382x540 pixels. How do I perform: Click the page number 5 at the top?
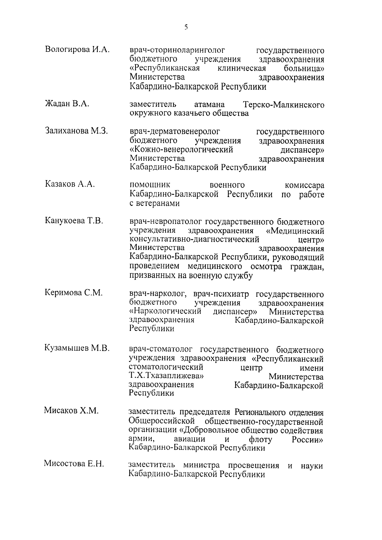coord(186,27)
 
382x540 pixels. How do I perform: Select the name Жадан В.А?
coord(67,104)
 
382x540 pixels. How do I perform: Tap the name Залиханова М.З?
coord(76,131)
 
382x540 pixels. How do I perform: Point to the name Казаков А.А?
coord(70,185)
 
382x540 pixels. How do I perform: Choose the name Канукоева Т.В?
coord(74,221)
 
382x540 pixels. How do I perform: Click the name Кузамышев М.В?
coord(77,349)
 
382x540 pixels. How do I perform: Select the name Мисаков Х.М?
coord(71,411)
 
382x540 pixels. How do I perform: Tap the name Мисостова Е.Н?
coord(74,464)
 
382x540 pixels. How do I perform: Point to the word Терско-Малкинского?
coord(283,104)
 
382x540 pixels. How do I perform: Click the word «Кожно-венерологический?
coord(181,150)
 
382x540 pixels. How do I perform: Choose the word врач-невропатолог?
coord(166,221)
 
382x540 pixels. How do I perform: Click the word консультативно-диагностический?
coord(194,239)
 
